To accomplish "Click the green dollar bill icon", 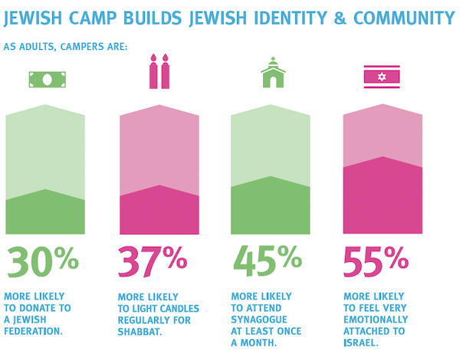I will coord(45,79).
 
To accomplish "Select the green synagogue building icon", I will coord(272,74).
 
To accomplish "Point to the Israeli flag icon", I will coord(382,77).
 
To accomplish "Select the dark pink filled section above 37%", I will coord(159,211).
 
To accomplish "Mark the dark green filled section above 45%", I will coord(271,207).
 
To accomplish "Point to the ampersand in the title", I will coord(326,17).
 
